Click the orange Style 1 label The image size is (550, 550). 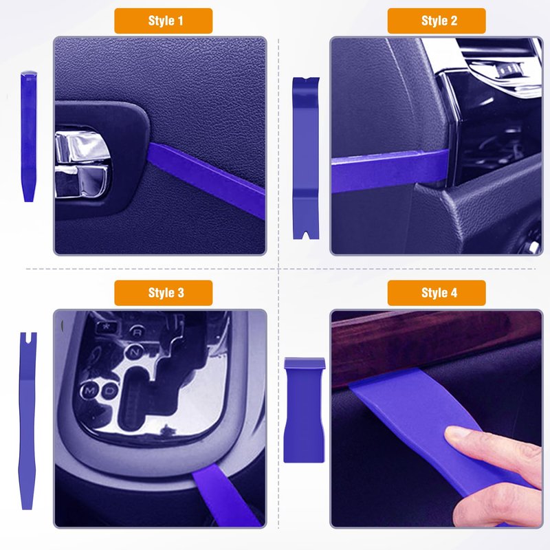tap(163, 21)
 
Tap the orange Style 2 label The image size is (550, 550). tap(437, 21)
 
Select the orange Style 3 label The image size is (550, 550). tap(163, 293)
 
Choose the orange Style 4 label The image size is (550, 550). tap(437, 293)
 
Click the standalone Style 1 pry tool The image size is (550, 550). tap(29, 136)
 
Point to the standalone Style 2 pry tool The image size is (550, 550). tap(306, 158)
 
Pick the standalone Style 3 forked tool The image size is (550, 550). tap(27, 421)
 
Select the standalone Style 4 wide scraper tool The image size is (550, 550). tap(304, 410)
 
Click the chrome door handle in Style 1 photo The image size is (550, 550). tap(82, 164)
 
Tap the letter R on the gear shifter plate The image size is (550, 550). tap(137, 331)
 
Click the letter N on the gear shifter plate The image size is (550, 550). tap(134, 352)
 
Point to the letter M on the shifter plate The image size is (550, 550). tap(89, 390)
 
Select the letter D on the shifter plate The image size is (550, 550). tap(110, 390)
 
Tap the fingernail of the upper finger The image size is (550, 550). tap(455, 434)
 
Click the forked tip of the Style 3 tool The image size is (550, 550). tap(28, 337)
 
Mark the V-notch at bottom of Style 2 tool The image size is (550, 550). tap(306, 235)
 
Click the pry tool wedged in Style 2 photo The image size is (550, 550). tap(390, 170)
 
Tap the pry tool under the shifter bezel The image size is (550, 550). tap(225, 495)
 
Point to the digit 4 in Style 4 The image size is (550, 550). tap(454, 293)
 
